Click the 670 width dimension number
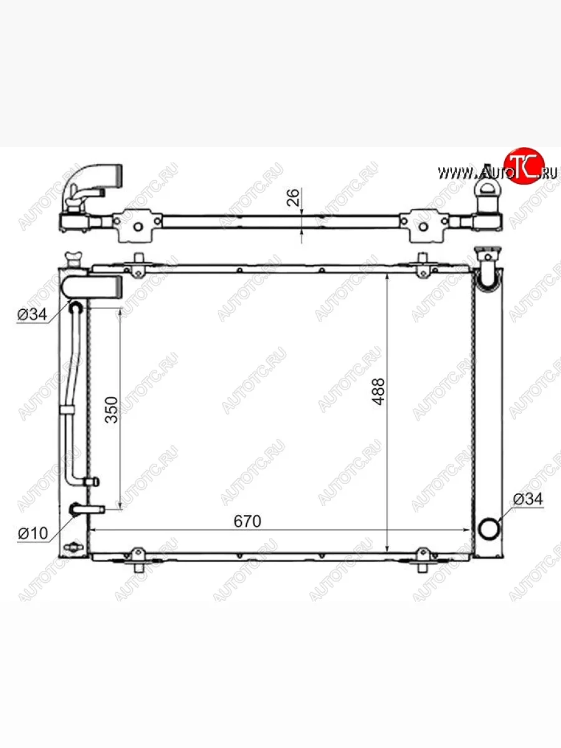247,521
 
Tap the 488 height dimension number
378,391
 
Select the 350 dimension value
112,410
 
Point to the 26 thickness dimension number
293,198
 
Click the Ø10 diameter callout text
32,534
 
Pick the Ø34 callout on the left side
32,314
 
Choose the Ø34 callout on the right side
528,499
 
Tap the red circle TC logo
524,166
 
